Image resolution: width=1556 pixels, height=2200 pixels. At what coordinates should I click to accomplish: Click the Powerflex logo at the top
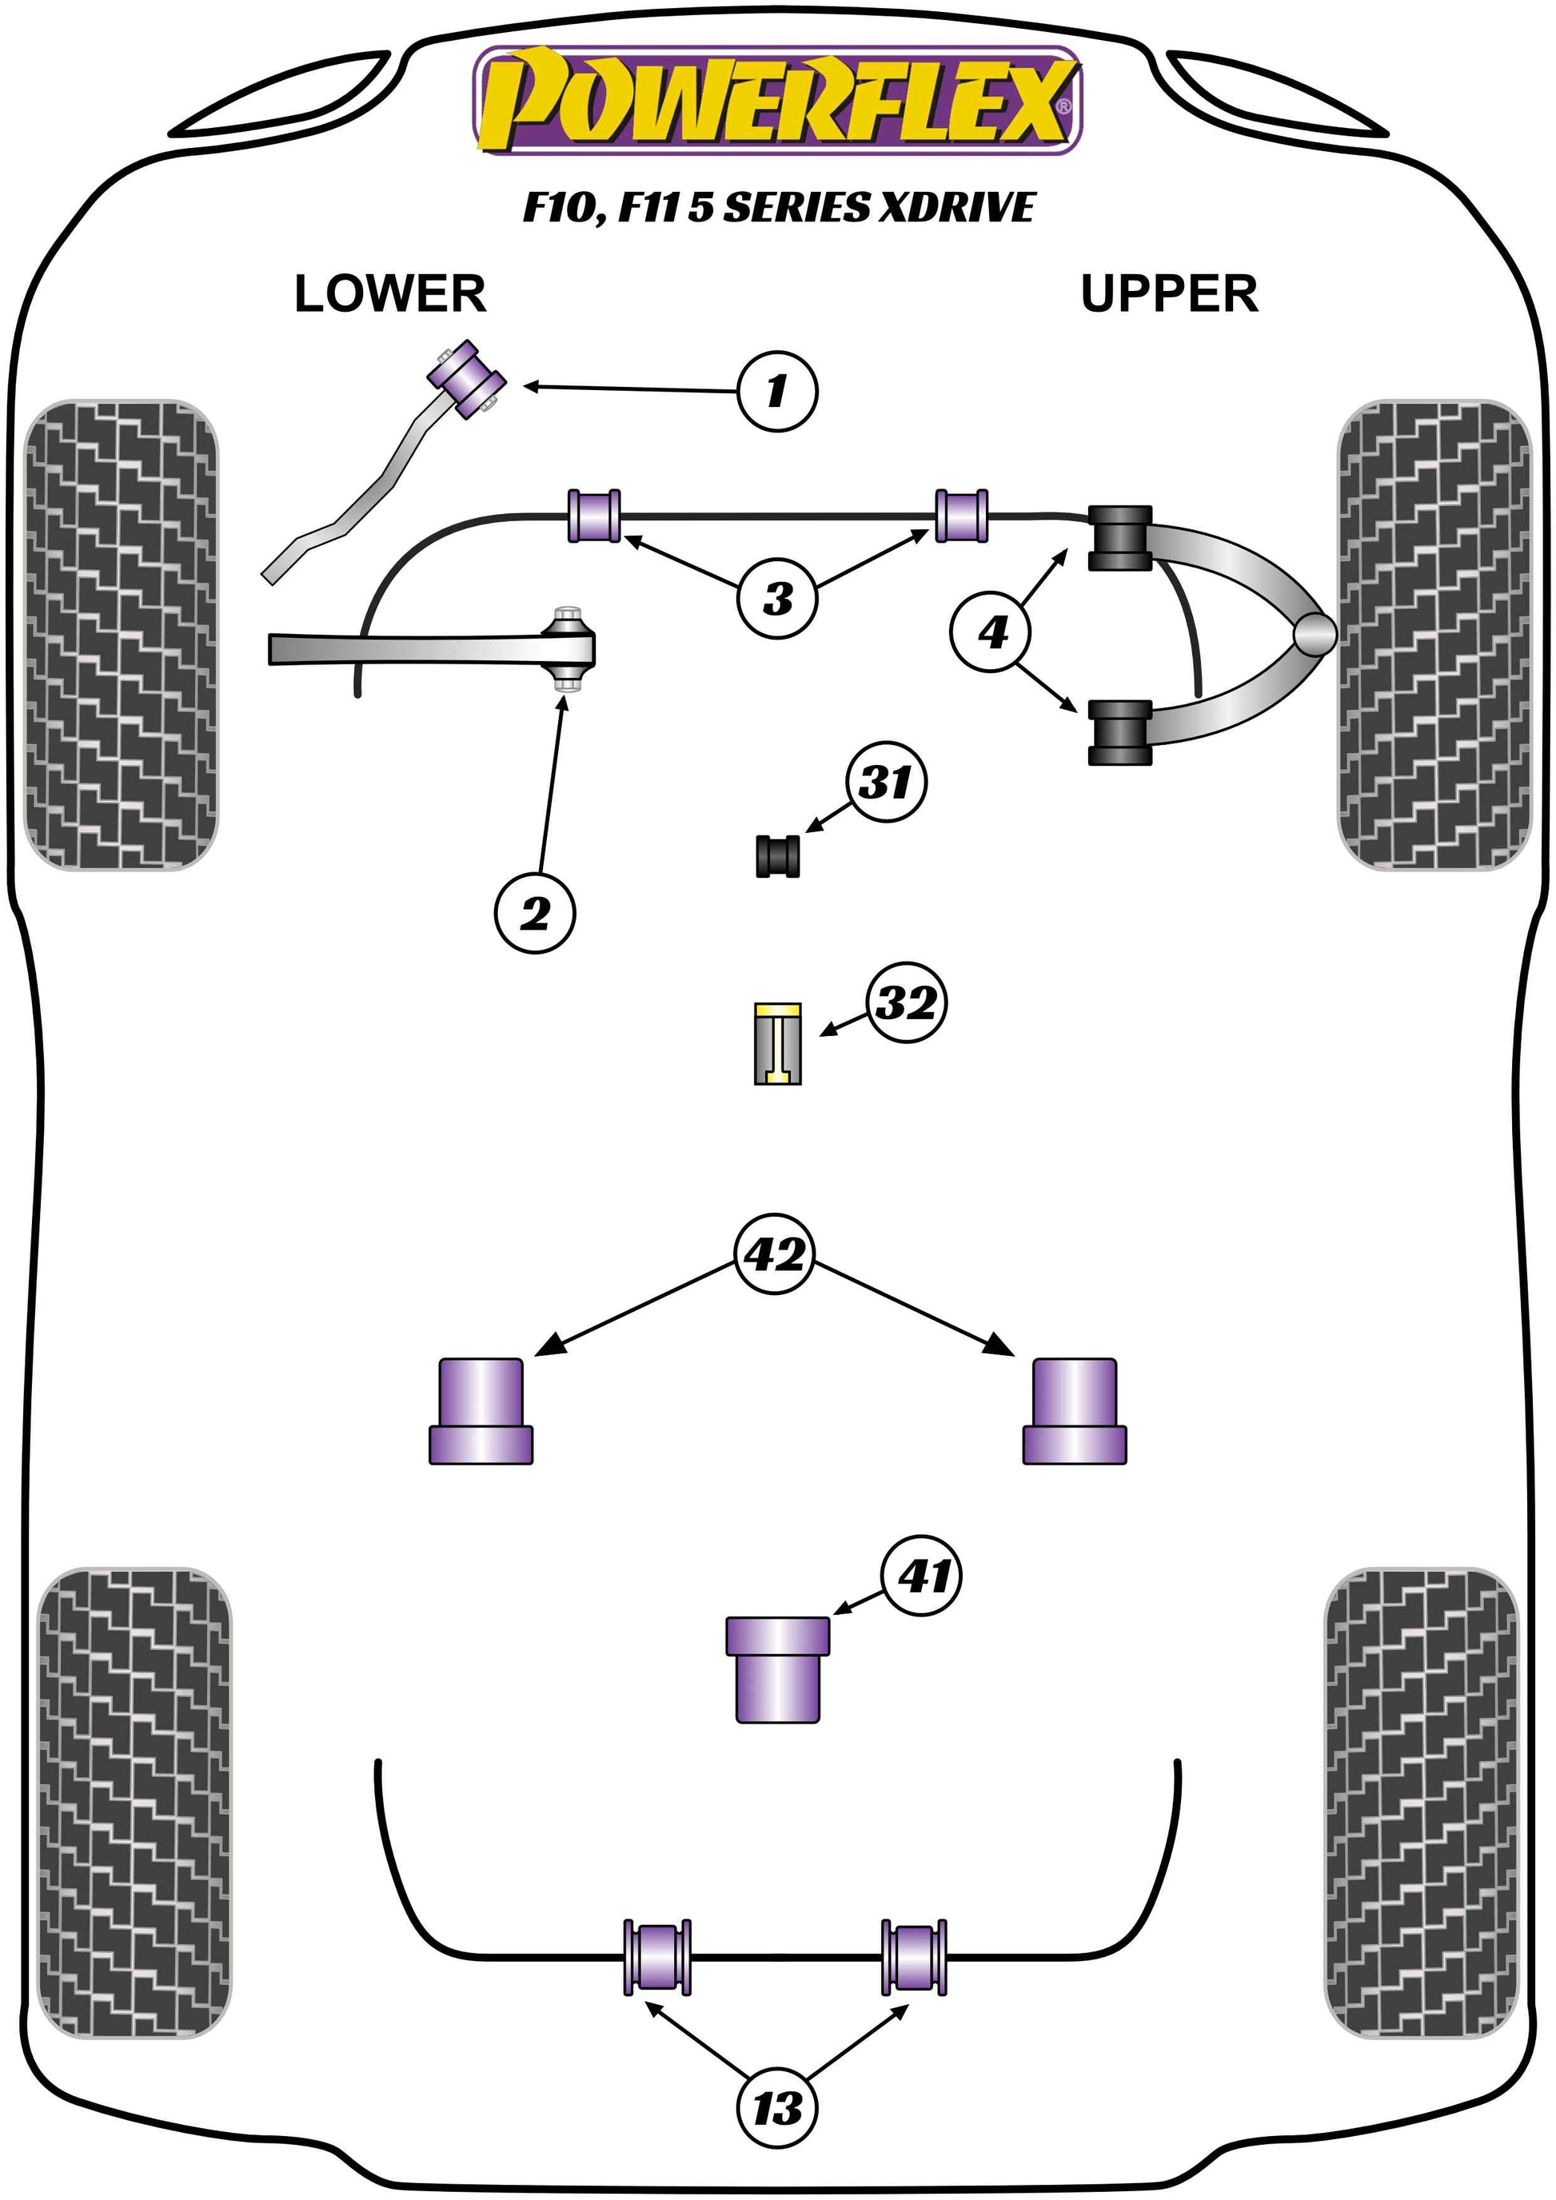(x=777, y=102)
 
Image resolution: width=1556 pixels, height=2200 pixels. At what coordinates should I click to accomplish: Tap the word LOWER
(x=390, y=293)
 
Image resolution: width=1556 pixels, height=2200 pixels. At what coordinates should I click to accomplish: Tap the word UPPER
(x=1168, y=293)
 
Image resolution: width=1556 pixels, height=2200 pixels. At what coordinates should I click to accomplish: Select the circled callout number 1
(x=777, y=391)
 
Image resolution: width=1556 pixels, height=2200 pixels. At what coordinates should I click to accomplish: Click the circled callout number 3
(x=777, y=599)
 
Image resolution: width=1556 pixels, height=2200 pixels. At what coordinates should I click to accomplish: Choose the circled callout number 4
(x=991, y=632)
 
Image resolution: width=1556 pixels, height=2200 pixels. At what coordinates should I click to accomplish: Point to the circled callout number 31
(x=886, y=782)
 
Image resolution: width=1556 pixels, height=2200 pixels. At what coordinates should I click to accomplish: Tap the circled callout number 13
(x=777, y=2108)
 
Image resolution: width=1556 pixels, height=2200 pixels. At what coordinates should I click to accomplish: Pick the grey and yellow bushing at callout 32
(x=777, y=1043)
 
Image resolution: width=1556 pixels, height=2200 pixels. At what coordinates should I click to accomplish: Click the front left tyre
(x=121, y=634)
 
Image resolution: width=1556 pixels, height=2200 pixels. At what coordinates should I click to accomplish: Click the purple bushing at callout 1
(x=468, y=380)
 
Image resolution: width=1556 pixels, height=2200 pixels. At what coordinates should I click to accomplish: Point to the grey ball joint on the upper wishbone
(x=1314, y=633)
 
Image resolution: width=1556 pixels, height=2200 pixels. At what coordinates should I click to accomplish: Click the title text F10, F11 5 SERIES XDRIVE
(x=778, y=208)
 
